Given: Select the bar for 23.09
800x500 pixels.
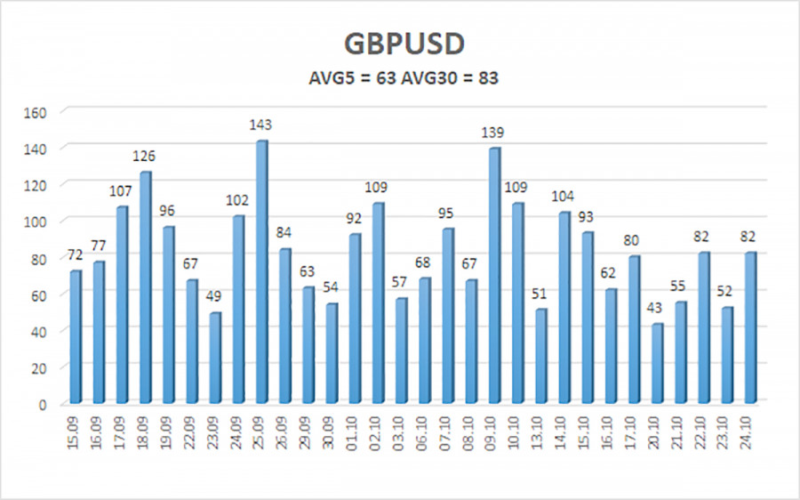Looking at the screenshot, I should point(215,357).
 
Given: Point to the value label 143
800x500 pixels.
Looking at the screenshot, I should point(262,124).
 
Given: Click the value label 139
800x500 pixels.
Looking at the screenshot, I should point(494,132).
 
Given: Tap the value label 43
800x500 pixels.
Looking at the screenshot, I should point(657,308).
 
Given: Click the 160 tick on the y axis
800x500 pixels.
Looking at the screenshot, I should point(46,112).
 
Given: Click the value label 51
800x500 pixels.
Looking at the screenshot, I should point(540,293).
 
